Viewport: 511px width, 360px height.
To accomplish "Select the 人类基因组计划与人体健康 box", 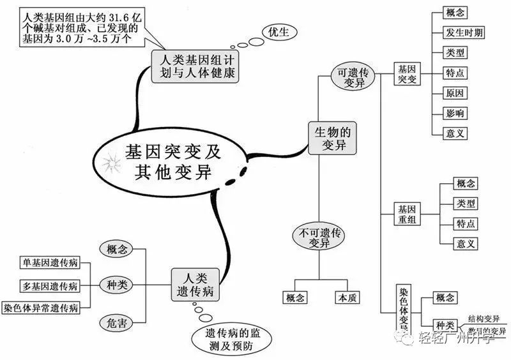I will tap(194, 66).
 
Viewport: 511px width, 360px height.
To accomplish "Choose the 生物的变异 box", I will tap(331, 139).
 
